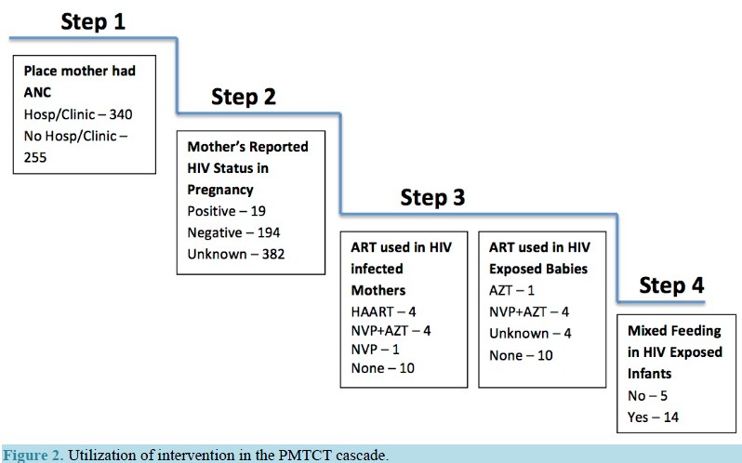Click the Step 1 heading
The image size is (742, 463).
click(x=93, y=21)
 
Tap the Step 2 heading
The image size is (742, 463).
click(x=244, y=97)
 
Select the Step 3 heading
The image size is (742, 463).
click(x=432, y=197)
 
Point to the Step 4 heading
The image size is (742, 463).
click(x=671, y=285)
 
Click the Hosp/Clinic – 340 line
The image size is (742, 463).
click(x=78, y=114)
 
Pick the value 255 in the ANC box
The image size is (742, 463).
click(x=35, y=157)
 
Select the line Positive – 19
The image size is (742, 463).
click(x=226, y=211)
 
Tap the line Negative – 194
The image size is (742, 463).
click(x=233, y=232)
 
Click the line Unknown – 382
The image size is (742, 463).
click(x=235, y=254)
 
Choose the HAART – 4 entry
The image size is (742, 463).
click(x=383, y=311)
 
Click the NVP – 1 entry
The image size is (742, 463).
click(x=375, y=350)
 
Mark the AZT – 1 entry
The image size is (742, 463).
click(x=511, y=290)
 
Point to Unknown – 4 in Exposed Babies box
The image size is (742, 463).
click(x=530, y=334)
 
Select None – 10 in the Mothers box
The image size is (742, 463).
click(x=382, y=368)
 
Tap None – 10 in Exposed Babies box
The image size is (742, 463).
click(x=521, y=355)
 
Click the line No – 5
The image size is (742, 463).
click(x=647, y=395)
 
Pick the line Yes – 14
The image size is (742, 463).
click(x=653, y=417)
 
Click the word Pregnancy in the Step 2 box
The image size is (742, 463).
click(x=220, y=190)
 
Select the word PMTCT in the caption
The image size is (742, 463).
click(x=305, y=455)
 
